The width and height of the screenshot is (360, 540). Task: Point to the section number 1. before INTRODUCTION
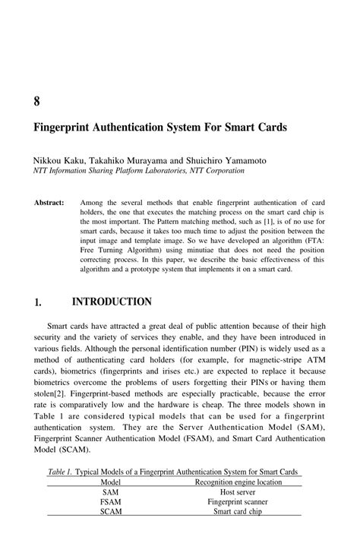[37, 303]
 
